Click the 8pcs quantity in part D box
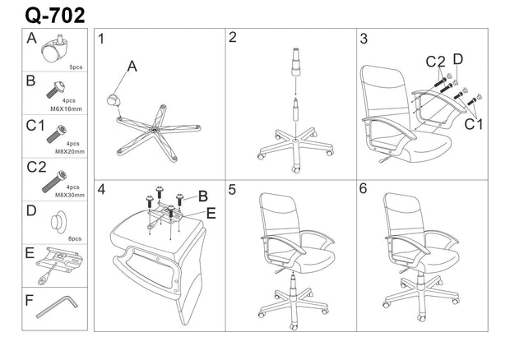pyautogui.click(x=76, y=237)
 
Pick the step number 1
pyautogui.click(x=100, y=39)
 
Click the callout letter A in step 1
pyautogui.click(x=132, y=68)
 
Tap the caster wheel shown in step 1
pyautogui.click(x=113, y=99)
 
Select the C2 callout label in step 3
pyautogui.click(x=435, y=62)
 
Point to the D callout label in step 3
pyautogui.click(x=458, y=58)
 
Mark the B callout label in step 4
pyautogui.click(x=202, y=196)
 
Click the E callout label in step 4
pyautogui.click(x=211, y=212)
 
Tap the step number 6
pyautogui.click(x=363, y=188)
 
